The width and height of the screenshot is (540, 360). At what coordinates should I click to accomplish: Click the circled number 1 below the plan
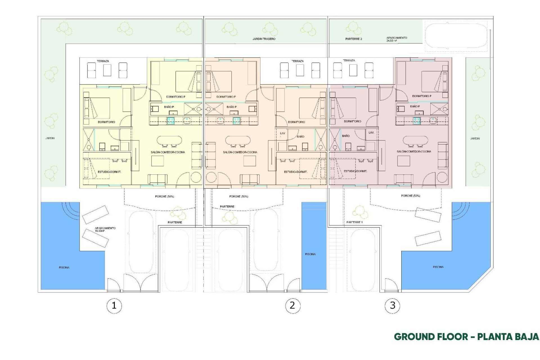[114, 305]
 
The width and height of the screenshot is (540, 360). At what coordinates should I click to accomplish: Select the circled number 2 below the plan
[292, 305]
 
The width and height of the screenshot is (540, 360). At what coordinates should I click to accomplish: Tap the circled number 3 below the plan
[392, 305]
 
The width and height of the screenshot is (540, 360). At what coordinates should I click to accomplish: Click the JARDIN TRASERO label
[264, 39]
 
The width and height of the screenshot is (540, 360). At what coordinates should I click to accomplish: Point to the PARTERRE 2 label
[354, 39]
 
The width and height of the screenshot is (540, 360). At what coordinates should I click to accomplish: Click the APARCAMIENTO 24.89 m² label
[397, 39]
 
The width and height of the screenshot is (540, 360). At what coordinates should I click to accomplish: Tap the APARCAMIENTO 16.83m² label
[105, 229]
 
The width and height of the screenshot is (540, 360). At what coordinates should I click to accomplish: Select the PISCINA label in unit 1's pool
[64, 267]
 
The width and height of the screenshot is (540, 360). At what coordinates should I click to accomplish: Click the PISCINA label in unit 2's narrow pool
[310, 254]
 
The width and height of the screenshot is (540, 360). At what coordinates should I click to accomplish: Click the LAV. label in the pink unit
[371, 132]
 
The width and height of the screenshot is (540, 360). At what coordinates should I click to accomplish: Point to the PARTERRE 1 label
[354, 222]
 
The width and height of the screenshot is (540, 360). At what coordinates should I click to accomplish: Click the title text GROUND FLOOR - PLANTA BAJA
[466, 337]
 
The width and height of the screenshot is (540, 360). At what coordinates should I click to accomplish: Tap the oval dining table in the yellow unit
[169, 140]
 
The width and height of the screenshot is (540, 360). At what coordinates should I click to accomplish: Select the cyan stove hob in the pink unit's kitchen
[417, 121]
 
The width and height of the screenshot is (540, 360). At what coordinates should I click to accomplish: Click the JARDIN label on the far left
[50, 138]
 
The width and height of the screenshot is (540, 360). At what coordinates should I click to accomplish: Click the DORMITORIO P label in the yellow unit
[175, 97]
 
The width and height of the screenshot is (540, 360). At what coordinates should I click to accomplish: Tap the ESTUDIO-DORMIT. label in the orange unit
[296, 172]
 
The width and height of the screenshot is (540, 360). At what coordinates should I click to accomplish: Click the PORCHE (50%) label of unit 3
[410, 195]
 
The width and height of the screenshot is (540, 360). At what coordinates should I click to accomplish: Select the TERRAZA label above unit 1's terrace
[103, 61]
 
